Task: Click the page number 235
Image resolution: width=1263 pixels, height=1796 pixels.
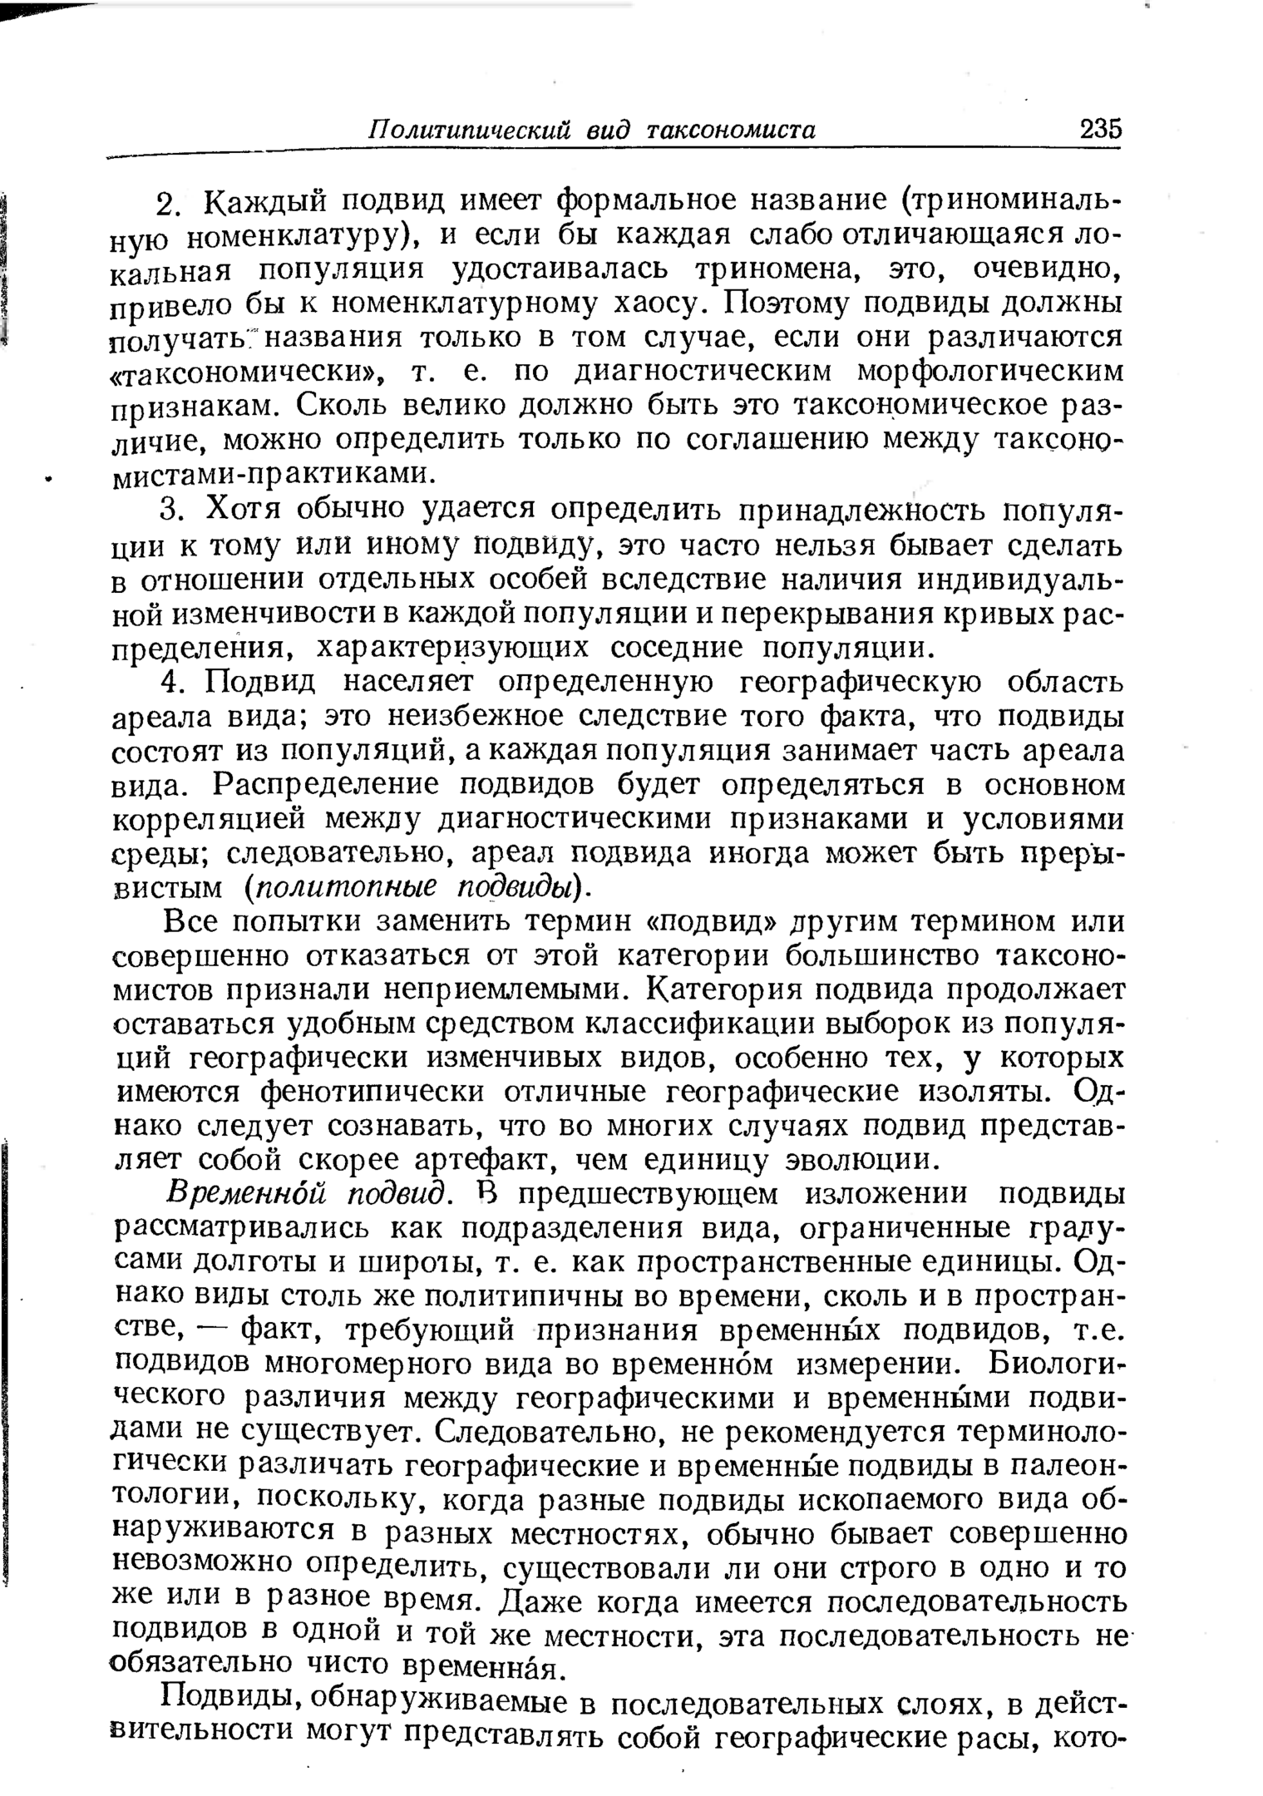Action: click(x=1100, y=130)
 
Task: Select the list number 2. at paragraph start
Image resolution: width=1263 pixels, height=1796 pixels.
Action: click(x=170, y=203)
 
